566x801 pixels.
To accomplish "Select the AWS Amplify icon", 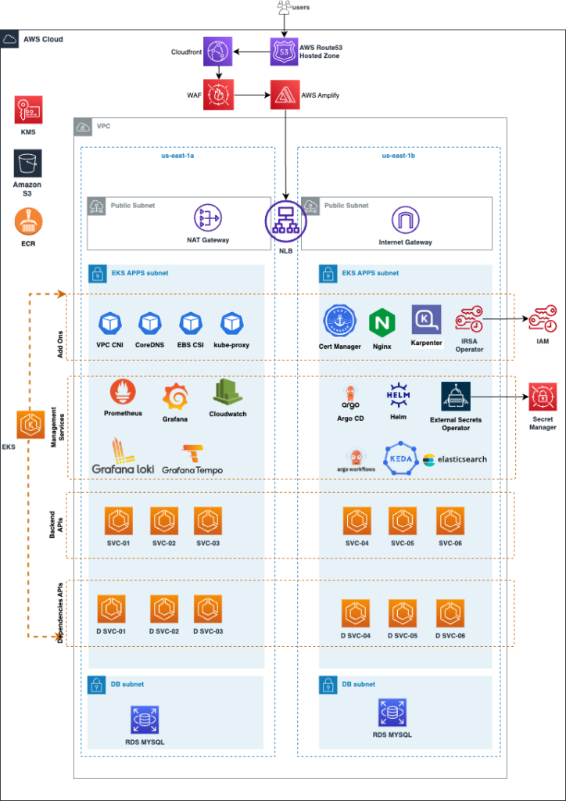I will coord(285,94).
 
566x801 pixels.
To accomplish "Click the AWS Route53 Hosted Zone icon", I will coord(285,52).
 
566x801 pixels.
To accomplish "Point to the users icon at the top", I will coord(283,9).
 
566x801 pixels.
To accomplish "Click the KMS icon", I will coord(28,110).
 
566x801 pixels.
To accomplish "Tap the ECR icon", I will coord(28,221).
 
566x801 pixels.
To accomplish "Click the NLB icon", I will coord(285,220).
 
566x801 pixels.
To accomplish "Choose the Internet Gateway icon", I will coord(405,220).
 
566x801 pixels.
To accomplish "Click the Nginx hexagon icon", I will coord(382,321).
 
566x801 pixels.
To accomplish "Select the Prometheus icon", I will coord(123,391).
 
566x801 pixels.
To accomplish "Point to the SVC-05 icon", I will coord(403,520).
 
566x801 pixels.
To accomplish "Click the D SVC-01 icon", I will coord(111,609).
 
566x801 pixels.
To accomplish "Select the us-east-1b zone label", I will coord(398,156).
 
